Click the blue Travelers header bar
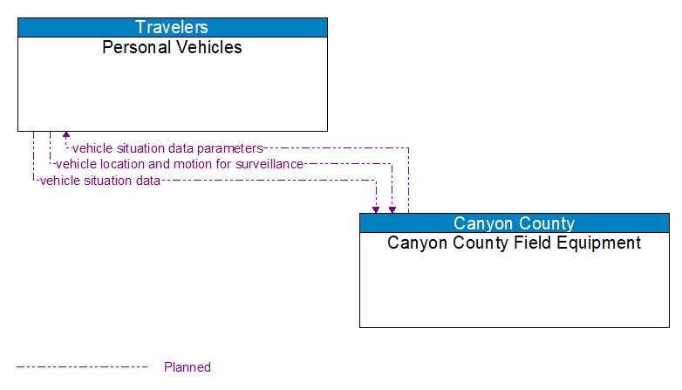point(173,27)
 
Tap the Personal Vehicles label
point(173,47)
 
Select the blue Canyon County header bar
point(515,222)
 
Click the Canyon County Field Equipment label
point(515,243)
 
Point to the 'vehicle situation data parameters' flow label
point(167,148)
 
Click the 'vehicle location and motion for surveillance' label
point(180,164)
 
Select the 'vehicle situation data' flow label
point(100,181)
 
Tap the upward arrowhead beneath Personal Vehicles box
point(66,136)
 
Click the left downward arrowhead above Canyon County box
point(376,209)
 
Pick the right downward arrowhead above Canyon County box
point(392,209)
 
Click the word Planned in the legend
point(188,367)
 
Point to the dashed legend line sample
point(82,367)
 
